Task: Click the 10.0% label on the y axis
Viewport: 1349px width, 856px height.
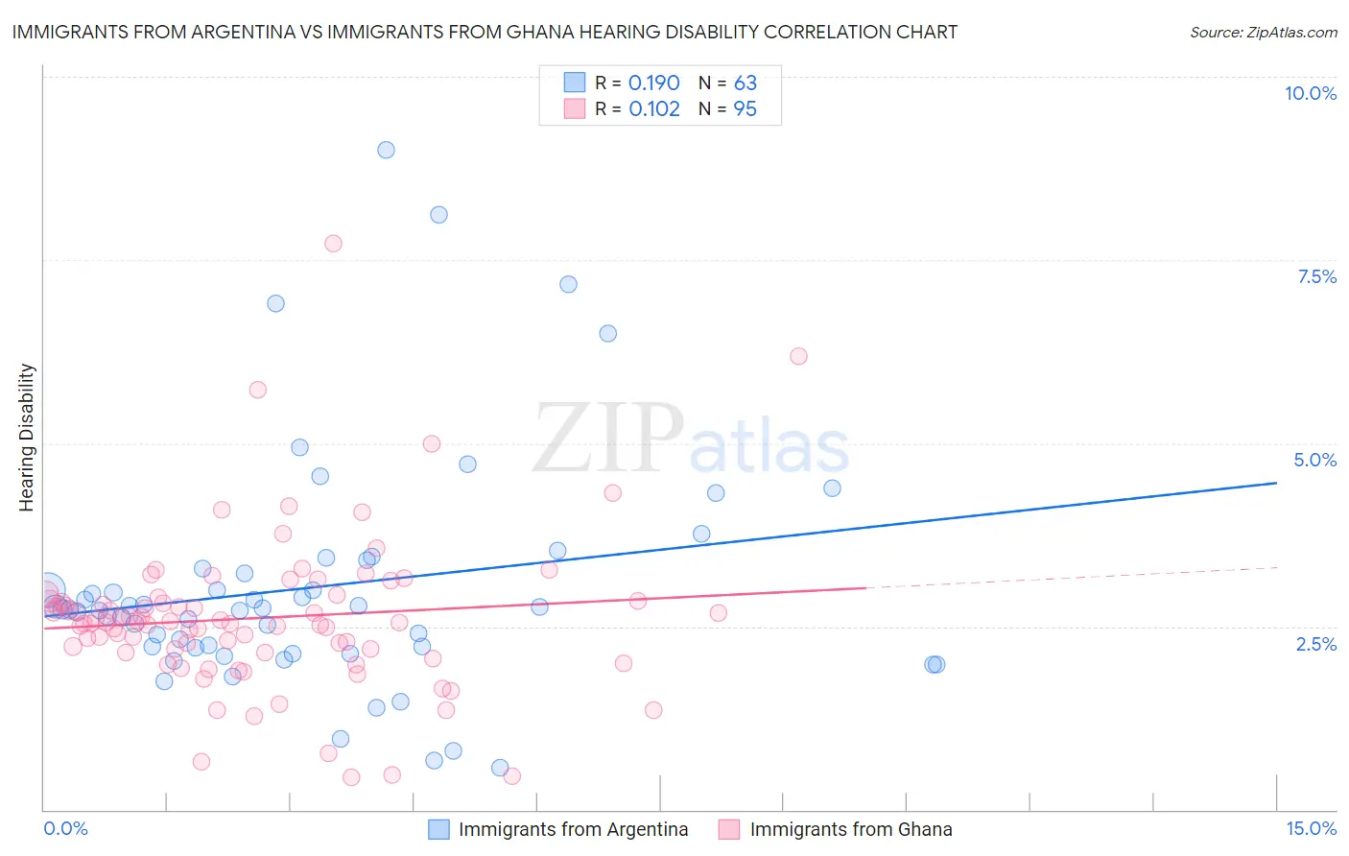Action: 1310,93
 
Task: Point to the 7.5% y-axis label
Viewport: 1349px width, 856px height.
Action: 1316,276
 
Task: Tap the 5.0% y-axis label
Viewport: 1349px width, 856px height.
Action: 1314,460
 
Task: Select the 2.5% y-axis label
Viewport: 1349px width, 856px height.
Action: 1315,644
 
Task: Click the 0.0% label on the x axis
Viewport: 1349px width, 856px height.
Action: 66,829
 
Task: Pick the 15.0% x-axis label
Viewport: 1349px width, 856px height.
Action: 1311,829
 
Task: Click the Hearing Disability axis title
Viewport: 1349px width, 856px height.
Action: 27,438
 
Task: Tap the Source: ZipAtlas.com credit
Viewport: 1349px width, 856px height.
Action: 1263,32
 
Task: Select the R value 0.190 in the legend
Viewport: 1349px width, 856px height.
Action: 653,83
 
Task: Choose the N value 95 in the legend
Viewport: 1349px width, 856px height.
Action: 745,109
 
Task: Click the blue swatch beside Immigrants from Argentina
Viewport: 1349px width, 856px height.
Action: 438,829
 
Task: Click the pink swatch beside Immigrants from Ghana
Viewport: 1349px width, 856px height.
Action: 729,829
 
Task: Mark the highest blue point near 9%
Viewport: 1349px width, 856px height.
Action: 386,150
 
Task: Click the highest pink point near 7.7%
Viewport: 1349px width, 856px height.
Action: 333,243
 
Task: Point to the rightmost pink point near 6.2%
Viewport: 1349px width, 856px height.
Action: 798,356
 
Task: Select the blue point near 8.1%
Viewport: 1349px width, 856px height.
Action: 438,215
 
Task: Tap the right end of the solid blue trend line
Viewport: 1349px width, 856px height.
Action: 1276,483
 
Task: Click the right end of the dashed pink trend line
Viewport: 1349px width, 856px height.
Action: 1277,567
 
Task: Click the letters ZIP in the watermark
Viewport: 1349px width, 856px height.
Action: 608,439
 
